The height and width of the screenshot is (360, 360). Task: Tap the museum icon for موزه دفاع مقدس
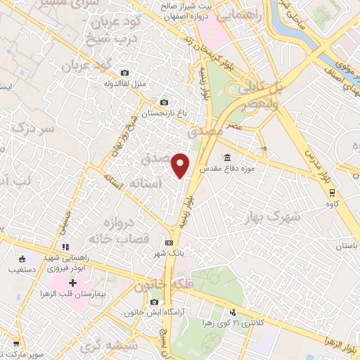(227, 157)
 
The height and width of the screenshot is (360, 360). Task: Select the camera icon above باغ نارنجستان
(164, 102)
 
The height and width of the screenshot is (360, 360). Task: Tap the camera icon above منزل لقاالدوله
(124, 73)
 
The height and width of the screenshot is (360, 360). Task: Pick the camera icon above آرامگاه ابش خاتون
(154, 302)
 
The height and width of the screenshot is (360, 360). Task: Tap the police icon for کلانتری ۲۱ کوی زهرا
(233, 313)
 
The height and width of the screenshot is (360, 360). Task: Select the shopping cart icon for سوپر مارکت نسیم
(15, 345)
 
